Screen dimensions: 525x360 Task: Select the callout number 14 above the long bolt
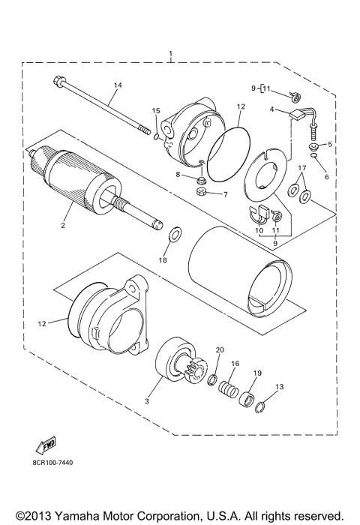116,86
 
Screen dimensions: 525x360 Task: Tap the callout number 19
256,373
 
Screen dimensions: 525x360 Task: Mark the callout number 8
178,174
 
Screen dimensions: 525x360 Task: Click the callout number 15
156,112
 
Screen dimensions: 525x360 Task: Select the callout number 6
327,177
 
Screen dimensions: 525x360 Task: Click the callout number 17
301,167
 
